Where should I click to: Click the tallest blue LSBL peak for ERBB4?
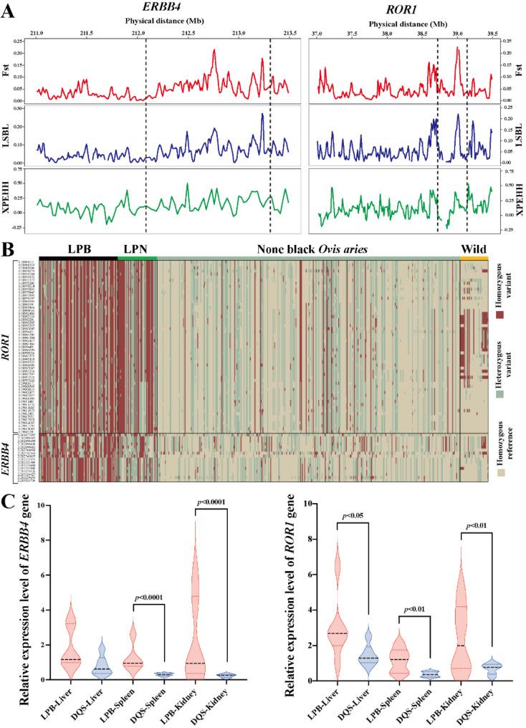point(262,115)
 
